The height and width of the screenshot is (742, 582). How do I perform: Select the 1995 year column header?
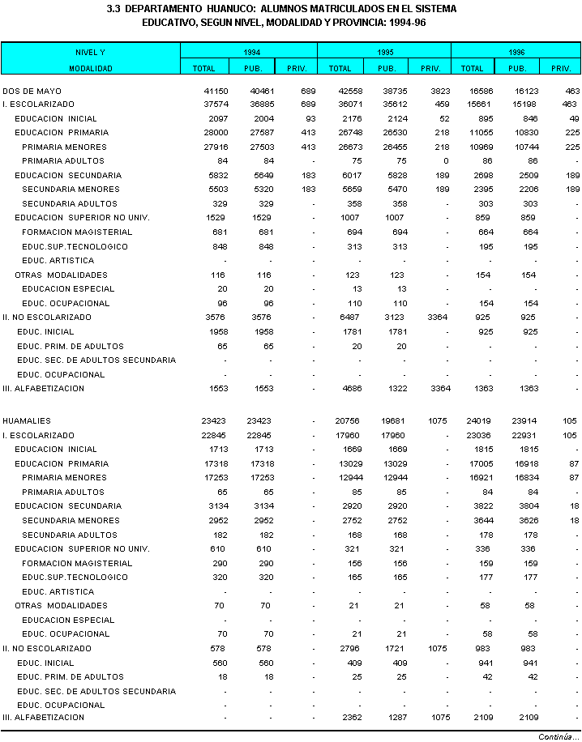tap(384, 52)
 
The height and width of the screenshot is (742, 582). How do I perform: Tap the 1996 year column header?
tap(516, 52)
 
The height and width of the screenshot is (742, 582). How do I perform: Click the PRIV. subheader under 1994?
tap(296, 69)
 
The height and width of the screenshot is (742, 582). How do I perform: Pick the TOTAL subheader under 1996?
tap(473, 69)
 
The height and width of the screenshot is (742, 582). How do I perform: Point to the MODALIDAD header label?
tap(90, 69)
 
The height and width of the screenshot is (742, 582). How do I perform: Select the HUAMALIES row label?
tap(27, 421)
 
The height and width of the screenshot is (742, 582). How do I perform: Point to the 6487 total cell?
tap(342, 318)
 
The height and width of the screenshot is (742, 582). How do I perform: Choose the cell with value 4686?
tap(342, 389)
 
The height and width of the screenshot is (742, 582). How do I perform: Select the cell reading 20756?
tap(340, 421)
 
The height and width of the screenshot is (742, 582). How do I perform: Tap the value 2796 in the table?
tap(342, 649)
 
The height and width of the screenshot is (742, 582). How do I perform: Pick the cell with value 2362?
tap(342, 718)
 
